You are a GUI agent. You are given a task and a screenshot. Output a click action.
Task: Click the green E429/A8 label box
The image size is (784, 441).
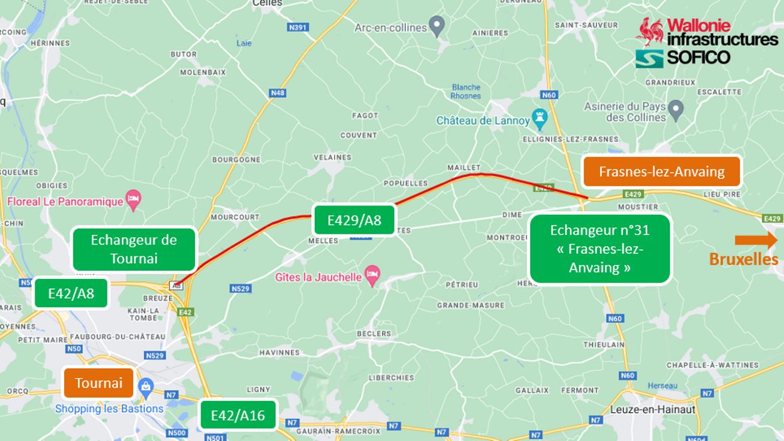coord(354,220)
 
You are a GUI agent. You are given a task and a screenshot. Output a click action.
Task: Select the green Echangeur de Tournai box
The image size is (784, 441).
coord(134,249)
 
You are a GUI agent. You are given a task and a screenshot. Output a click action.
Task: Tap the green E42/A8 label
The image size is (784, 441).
coord(71,293)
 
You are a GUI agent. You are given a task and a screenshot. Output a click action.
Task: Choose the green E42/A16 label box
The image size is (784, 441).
coord(238,415)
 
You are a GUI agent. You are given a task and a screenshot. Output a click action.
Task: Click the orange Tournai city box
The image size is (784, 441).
coord(99,383)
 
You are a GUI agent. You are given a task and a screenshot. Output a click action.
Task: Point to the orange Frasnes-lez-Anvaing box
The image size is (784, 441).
coord(662,171)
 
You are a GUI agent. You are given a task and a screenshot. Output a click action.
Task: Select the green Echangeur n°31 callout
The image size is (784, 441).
coord(600,249)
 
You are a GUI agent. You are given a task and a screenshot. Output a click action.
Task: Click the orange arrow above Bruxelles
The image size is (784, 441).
coord(756,240)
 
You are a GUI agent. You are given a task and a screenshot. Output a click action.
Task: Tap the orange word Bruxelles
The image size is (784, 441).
coord(743,259)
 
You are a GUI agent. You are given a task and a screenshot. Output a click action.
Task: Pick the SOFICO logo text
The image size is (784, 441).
coord(697,58)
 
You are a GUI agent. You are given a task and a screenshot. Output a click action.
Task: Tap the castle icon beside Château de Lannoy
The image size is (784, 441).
coord(540,117)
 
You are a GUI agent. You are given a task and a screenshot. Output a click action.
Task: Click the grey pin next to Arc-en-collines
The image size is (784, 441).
coord(437,26)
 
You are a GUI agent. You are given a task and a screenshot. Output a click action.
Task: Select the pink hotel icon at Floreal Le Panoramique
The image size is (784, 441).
coord(133,200)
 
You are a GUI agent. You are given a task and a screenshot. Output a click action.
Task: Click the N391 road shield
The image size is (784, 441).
coord(297,28)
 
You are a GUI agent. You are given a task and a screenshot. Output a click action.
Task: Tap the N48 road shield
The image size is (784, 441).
coord(277,93)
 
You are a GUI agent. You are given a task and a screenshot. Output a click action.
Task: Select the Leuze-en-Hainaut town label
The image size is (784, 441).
coord(653,409)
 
